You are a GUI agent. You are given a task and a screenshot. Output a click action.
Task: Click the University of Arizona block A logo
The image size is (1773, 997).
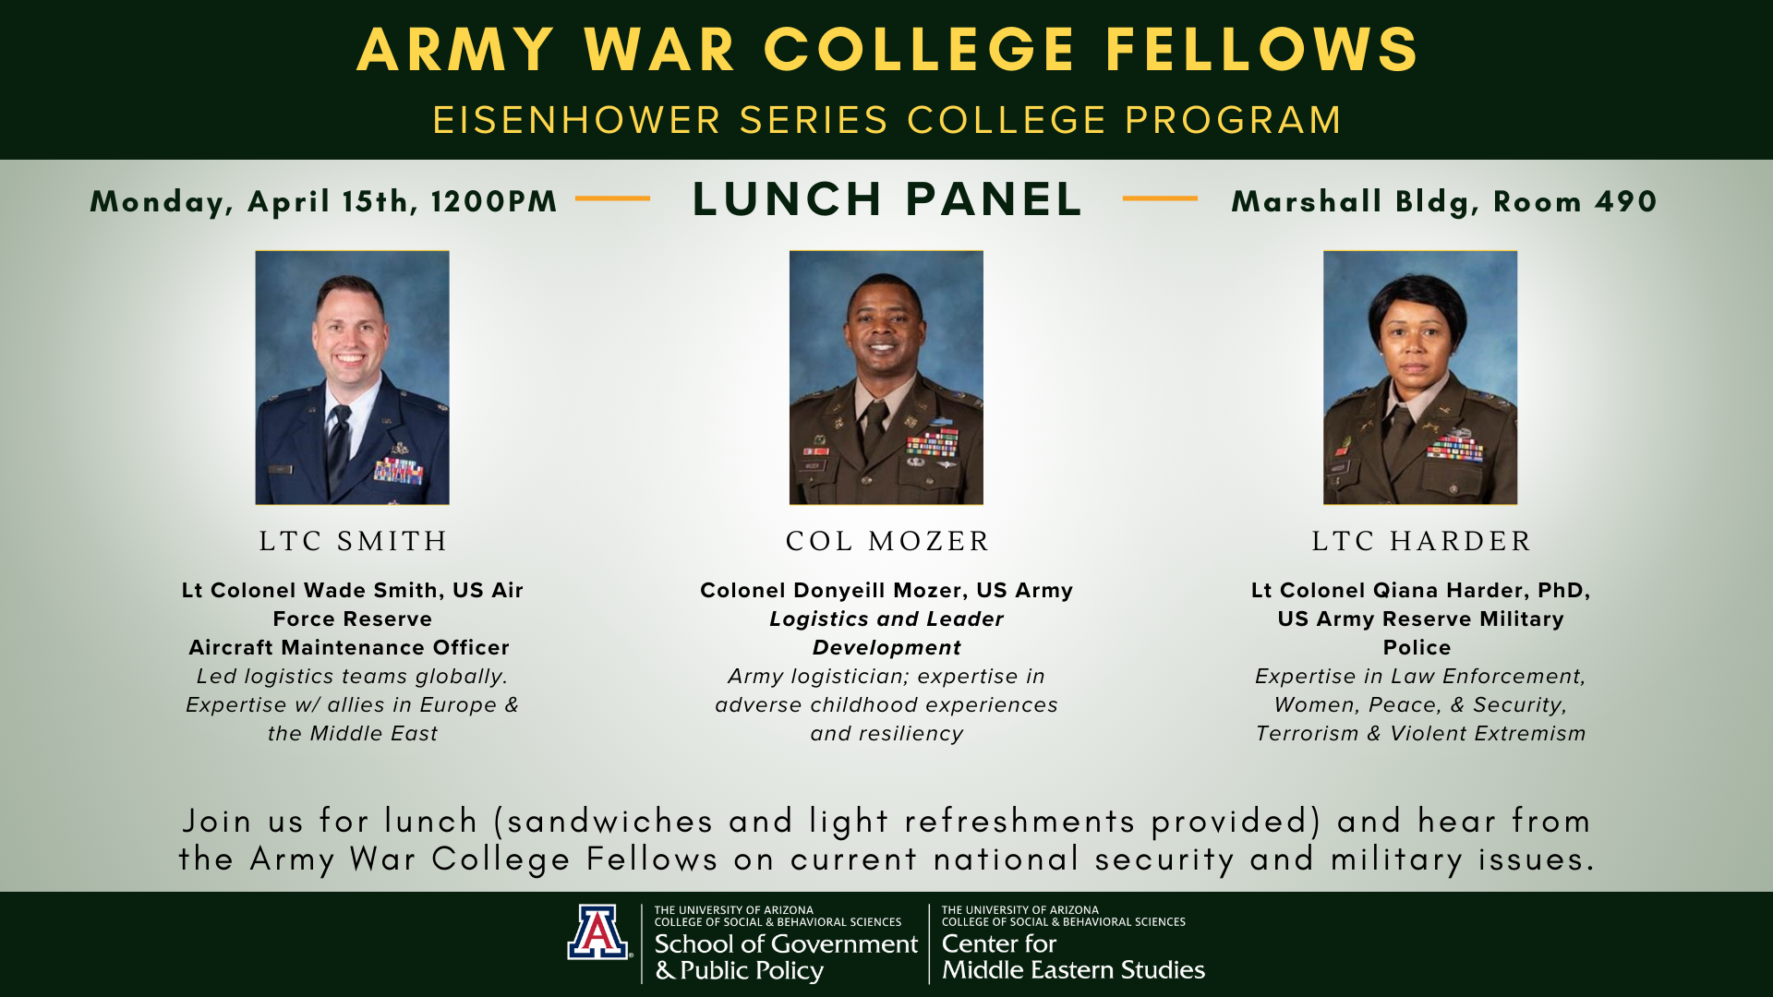[598, 931]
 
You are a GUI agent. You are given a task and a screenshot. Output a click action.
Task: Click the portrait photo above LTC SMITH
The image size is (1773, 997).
[352, 378]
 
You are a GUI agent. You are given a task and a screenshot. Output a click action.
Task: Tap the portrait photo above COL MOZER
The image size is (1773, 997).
[886, 378]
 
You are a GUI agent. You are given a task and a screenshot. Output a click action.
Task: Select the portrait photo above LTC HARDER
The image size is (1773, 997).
[1419, 378]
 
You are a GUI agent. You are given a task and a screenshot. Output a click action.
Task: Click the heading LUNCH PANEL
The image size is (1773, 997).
[887, 199]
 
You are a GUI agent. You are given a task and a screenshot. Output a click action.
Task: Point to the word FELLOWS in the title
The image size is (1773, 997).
[1261, 49]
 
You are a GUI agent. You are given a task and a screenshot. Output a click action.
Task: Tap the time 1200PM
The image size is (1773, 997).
[494, 202]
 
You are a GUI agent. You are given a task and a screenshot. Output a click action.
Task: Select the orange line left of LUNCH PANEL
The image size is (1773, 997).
[612, 198]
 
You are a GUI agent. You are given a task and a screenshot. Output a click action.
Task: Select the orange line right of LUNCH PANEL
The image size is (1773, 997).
[1160, 198]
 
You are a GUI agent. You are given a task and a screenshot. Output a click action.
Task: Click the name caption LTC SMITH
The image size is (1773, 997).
[353, 541]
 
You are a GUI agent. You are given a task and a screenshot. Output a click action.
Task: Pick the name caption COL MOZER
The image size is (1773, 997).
[887, 541]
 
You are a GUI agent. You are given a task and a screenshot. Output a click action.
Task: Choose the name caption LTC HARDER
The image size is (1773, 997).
[1421, 541]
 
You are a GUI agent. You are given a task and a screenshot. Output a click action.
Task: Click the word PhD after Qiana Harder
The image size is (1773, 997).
[1563, 591]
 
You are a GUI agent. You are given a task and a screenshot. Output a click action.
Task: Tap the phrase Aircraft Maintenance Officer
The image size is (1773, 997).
[349, 648]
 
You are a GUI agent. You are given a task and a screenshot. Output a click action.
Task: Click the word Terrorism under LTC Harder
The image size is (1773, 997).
[1308, 734]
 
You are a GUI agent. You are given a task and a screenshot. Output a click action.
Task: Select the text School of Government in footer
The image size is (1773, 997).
[786, 943]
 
